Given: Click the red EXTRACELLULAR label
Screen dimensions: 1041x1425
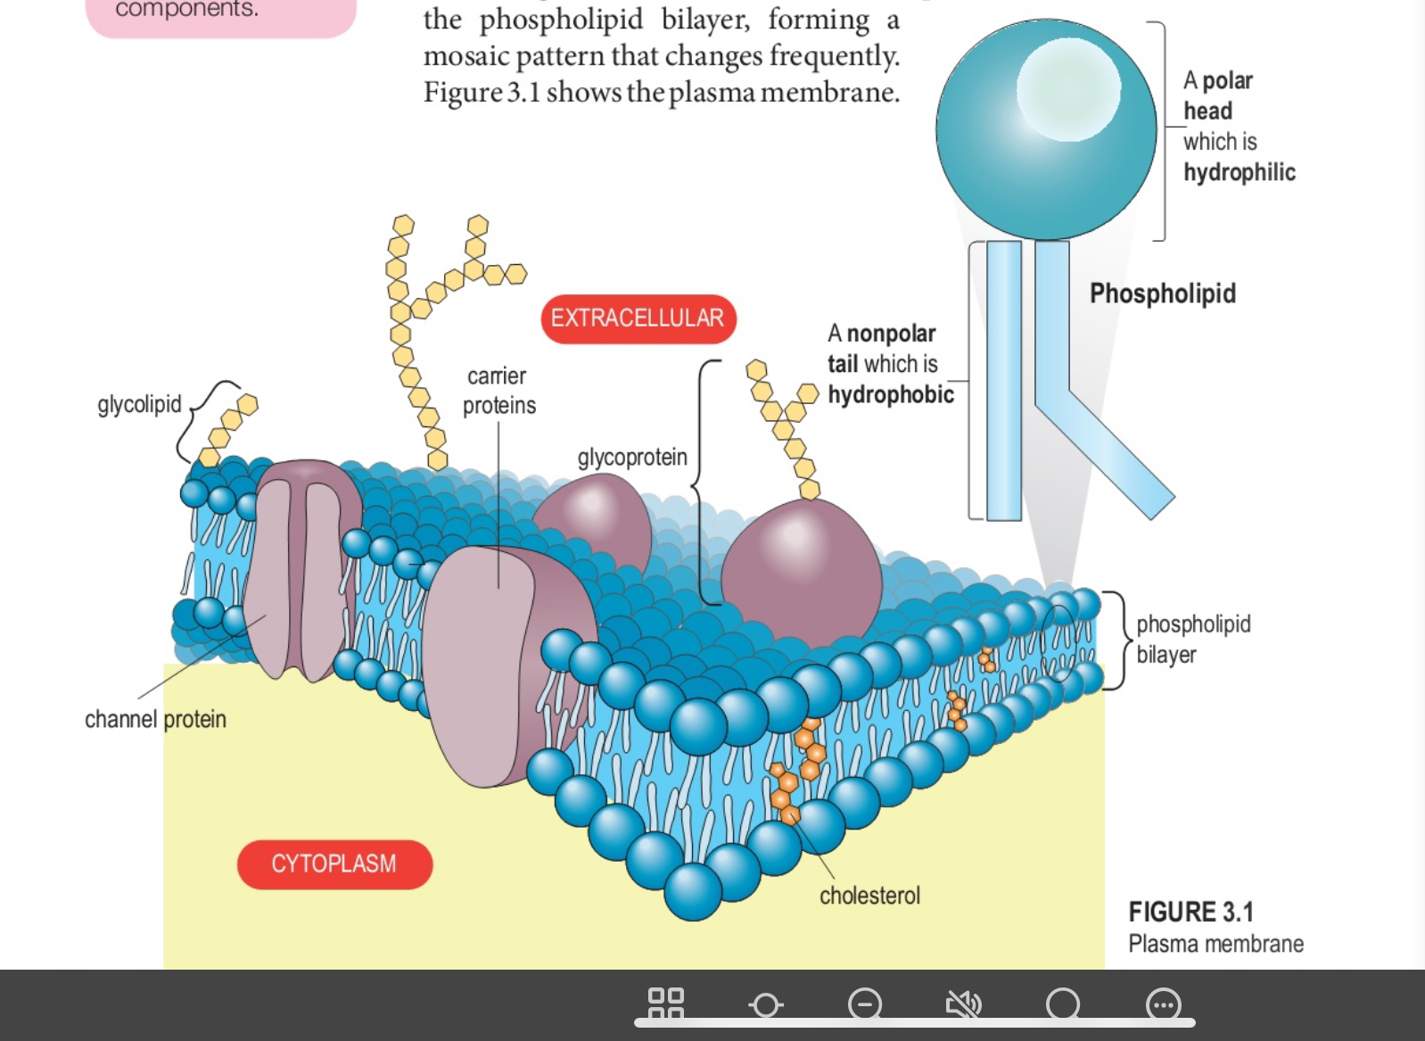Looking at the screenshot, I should click(638, 318).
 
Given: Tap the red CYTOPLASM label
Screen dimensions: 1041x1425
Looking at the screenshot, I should click(334, 863).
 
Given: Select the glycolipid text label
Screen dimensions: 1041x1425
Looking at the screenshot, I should click(139, 404).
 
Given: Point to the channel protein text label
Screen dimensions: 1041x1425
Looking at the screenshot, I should click(155, 719).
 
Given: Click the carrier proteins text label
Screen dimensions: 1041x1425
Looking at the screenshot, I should click(498, 391).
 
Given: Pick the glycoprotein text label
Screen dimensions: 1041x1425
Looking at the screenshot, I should click(632, 458).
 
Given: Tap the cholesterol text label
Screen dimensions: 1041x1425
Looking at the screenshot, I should click(869, 895).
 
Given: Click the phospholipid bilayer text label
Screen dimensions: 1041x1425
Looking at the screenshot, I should click(1192, 639).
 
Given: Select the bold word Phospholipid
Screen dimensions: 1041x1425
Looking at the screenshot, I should click(1162, 293).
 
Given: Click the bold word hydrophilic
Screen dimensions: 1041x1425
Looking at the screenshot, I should click(1239, 172).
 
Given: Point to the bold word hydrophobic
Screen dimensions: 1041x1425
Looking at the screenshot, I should click(890, 394).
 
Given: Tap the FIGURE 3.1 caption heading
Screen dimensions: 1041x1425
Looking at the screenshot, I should click(1190, 912).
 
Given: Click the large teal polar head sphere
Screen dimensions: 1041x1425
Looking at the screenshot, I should click(1045, 130).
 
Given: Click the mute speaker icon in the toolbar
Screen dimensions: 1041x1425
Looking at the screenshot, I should click(963, 1004).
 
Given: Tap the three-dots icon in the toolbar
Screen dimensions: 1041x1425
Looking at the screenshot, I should click(1163, 1004).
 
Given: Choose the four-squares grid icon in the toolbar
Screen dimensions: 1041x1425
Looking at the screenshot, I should click(666, 1004).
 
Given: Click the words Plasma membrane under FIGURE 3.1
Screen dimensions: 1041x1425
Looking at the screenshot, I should click(1215, 944).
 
